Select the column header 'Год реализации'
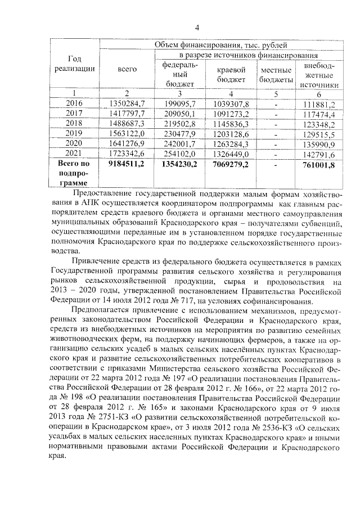(73, 64)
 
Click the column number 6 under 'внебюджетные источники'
(318, 93)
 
